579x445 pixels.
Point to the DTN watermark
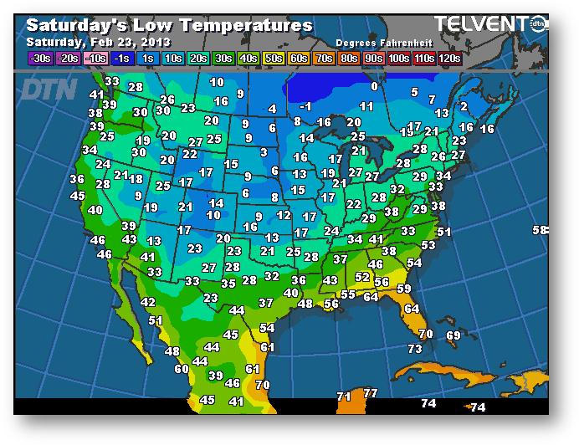(49, 90)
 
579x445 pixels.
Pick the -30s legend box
(40, 58)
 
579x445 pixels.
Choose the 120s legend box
(449, 58)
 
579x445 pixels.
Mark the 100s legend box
(397, 58)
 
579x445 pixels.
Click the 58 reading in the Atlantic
(541, 230)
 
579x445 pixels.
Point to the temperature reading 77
(371, 393)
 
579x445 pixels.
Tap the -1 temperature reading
(305, 106)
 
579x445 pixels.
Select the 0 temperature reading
(374, 86)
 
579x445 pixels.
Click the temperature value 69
(453, 335)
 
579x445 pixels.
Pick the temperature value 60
(182, 369)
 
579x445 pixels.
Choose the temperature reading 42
(148, 302)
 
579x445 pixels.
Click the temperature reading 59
(404, 289)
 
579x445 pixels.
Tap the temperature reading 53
(428, 245)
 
